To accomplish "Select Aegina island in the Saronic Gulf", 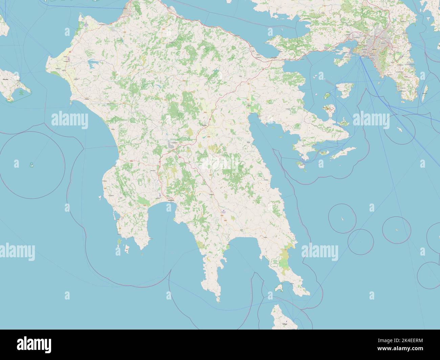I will click(329, 109).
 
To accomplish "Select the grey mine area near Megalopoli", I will click(169, 145).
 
